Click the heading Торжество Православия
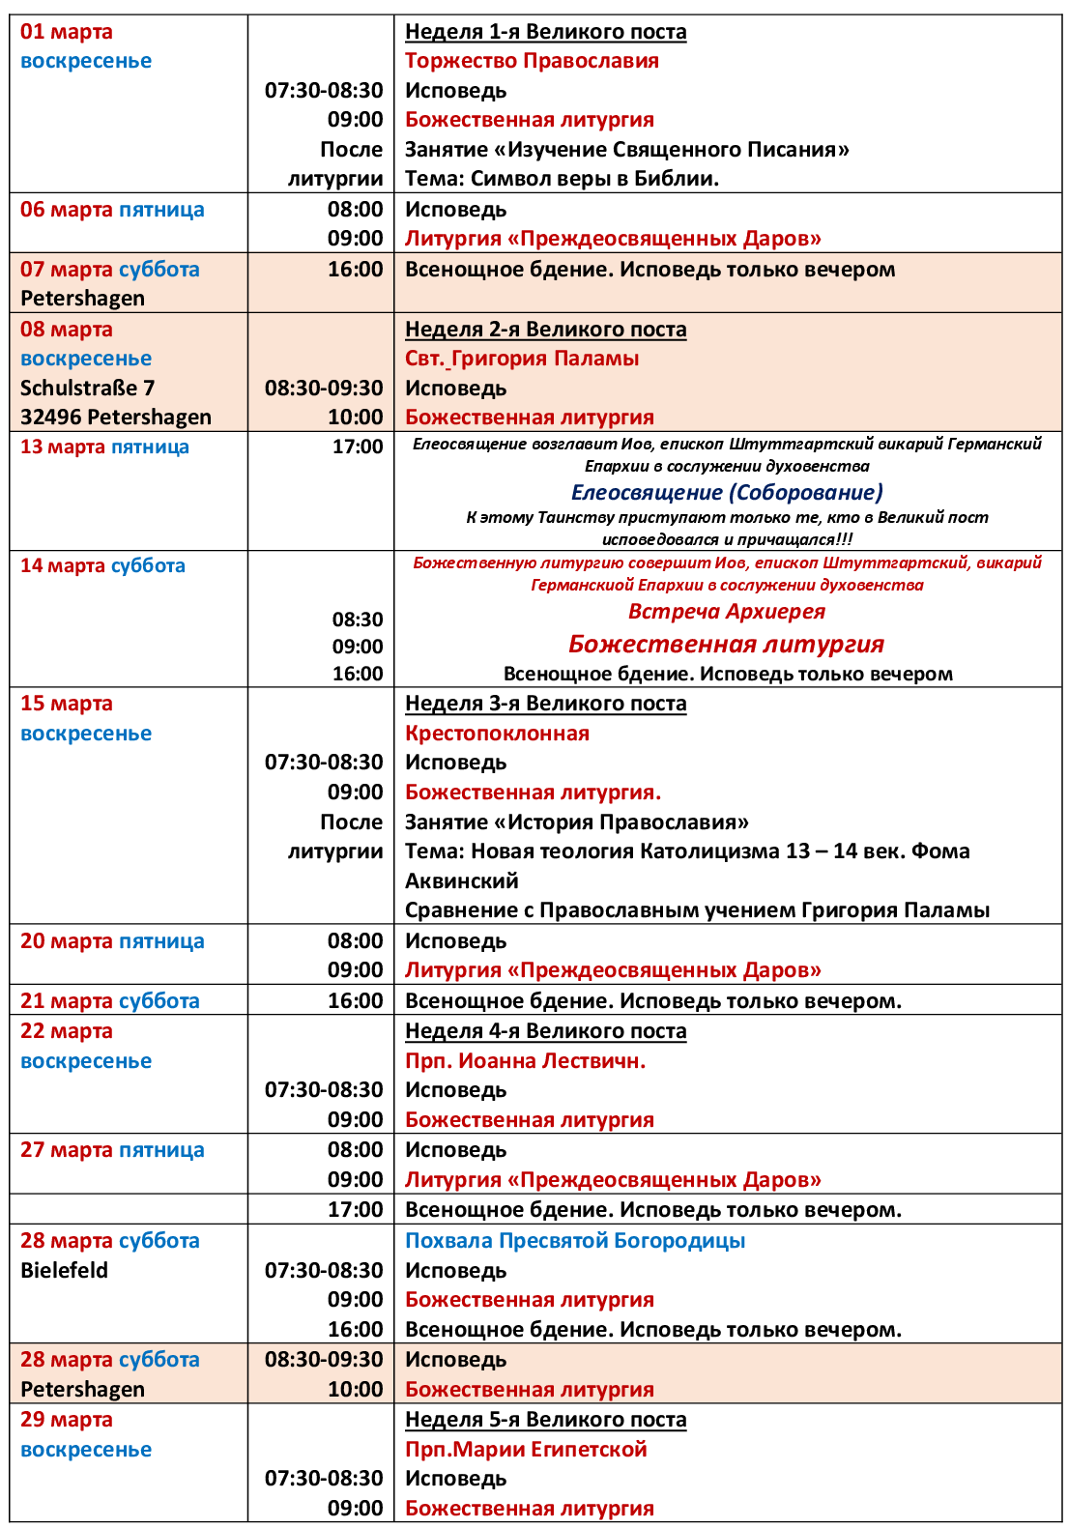point(532,61)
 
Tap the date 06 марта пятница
point(112,210)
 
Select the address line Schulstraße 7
point(87,388)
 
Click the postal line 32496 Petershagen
point(116,418)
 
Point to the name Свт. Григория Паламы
point(522,359)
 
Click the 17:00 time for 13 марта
point(358,447)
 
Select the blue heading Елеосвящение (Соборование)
point(727,493)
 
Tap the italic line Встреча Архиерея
point(727,612)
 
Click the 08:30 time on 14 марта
point(358,620)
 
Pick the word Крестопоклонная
point(497,734)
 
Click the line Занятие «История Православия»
point(577,822)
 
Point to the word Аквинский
point(461,881)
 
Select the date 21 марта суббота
point(110,1001)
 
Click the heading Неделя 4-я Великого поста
point(545,1031)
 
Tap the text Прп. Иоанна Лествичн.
point(525,1061)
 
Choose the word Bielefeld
point(64,1270)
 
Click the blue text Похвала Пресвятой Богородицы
point(575,1241)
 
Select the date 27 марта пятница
point(112,1150)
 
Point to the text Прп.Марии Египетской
point(526,1450)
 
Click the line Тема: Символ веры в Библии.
point(562,179)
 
